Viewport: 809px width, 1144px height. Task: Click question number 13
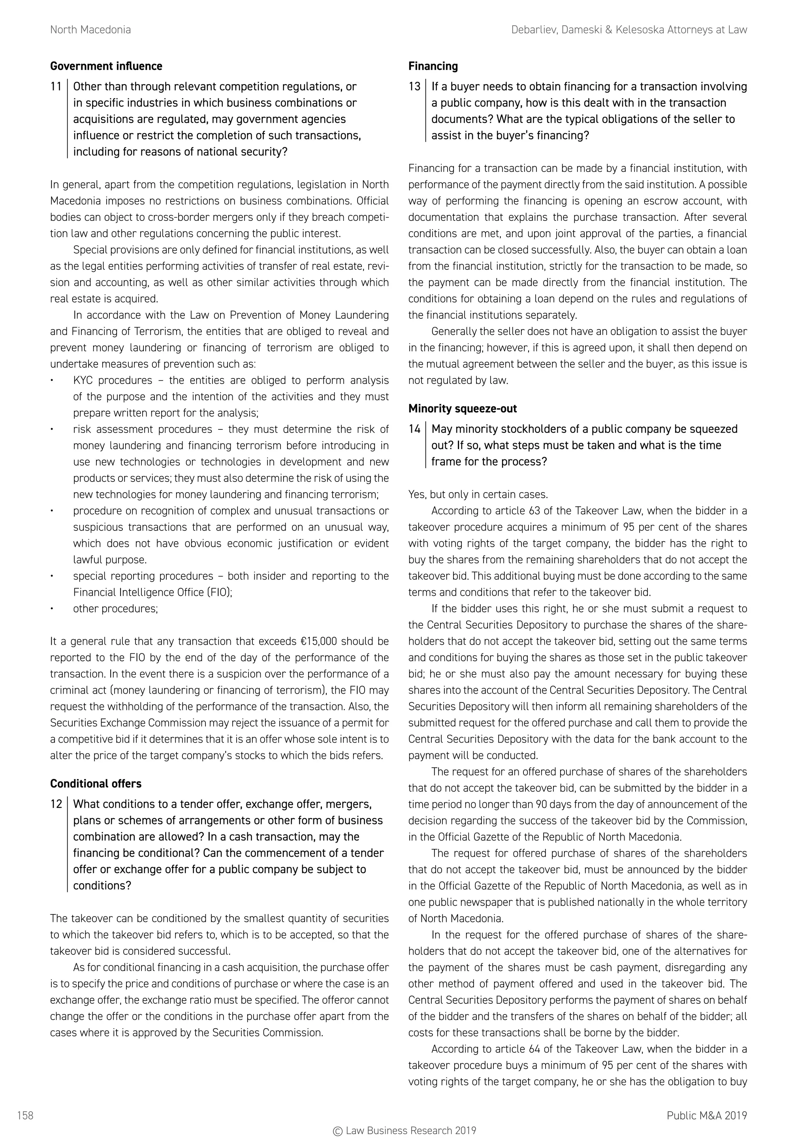414,87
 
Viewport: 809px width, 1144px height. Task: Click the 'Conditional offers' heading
96,784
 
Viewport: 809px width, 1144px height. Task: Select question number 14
414,429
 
